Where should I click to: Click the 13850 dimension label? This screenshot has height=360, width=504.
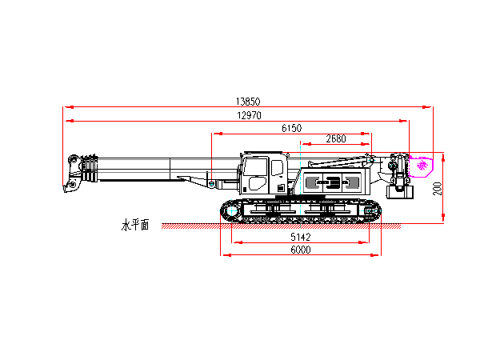(x=248, y=102)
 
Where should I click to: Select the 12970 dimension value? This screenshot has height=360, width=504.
(x=248, y=116)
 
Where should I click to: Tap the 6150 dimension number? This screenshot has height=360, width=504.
(x=291, y=128)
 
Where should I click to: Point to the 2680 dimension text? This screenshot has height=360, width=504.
(x=336, y=138)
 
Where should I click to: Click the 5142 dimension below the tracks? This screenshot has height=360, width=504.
(x=300, y=238)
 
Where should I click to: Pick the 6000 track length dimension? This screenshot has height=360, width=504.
(x=300, y=250)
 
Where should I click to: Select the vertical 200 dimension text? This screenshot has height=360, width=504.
(x=437, y=189)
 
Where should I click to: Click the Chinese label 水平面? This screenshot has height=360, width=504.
(x=135, y=226)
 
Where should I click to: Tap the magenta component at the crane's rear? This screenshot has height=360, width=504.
(x=422, y=166)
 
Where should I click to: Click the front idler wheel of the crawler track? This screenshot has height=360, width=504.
(x=230, y=211)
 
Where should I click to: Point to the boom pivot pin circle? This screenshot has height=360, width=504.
(x=210, y=185)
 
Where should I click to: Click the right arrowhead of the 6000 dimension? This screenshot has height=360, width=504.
(x=378, y=255)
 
